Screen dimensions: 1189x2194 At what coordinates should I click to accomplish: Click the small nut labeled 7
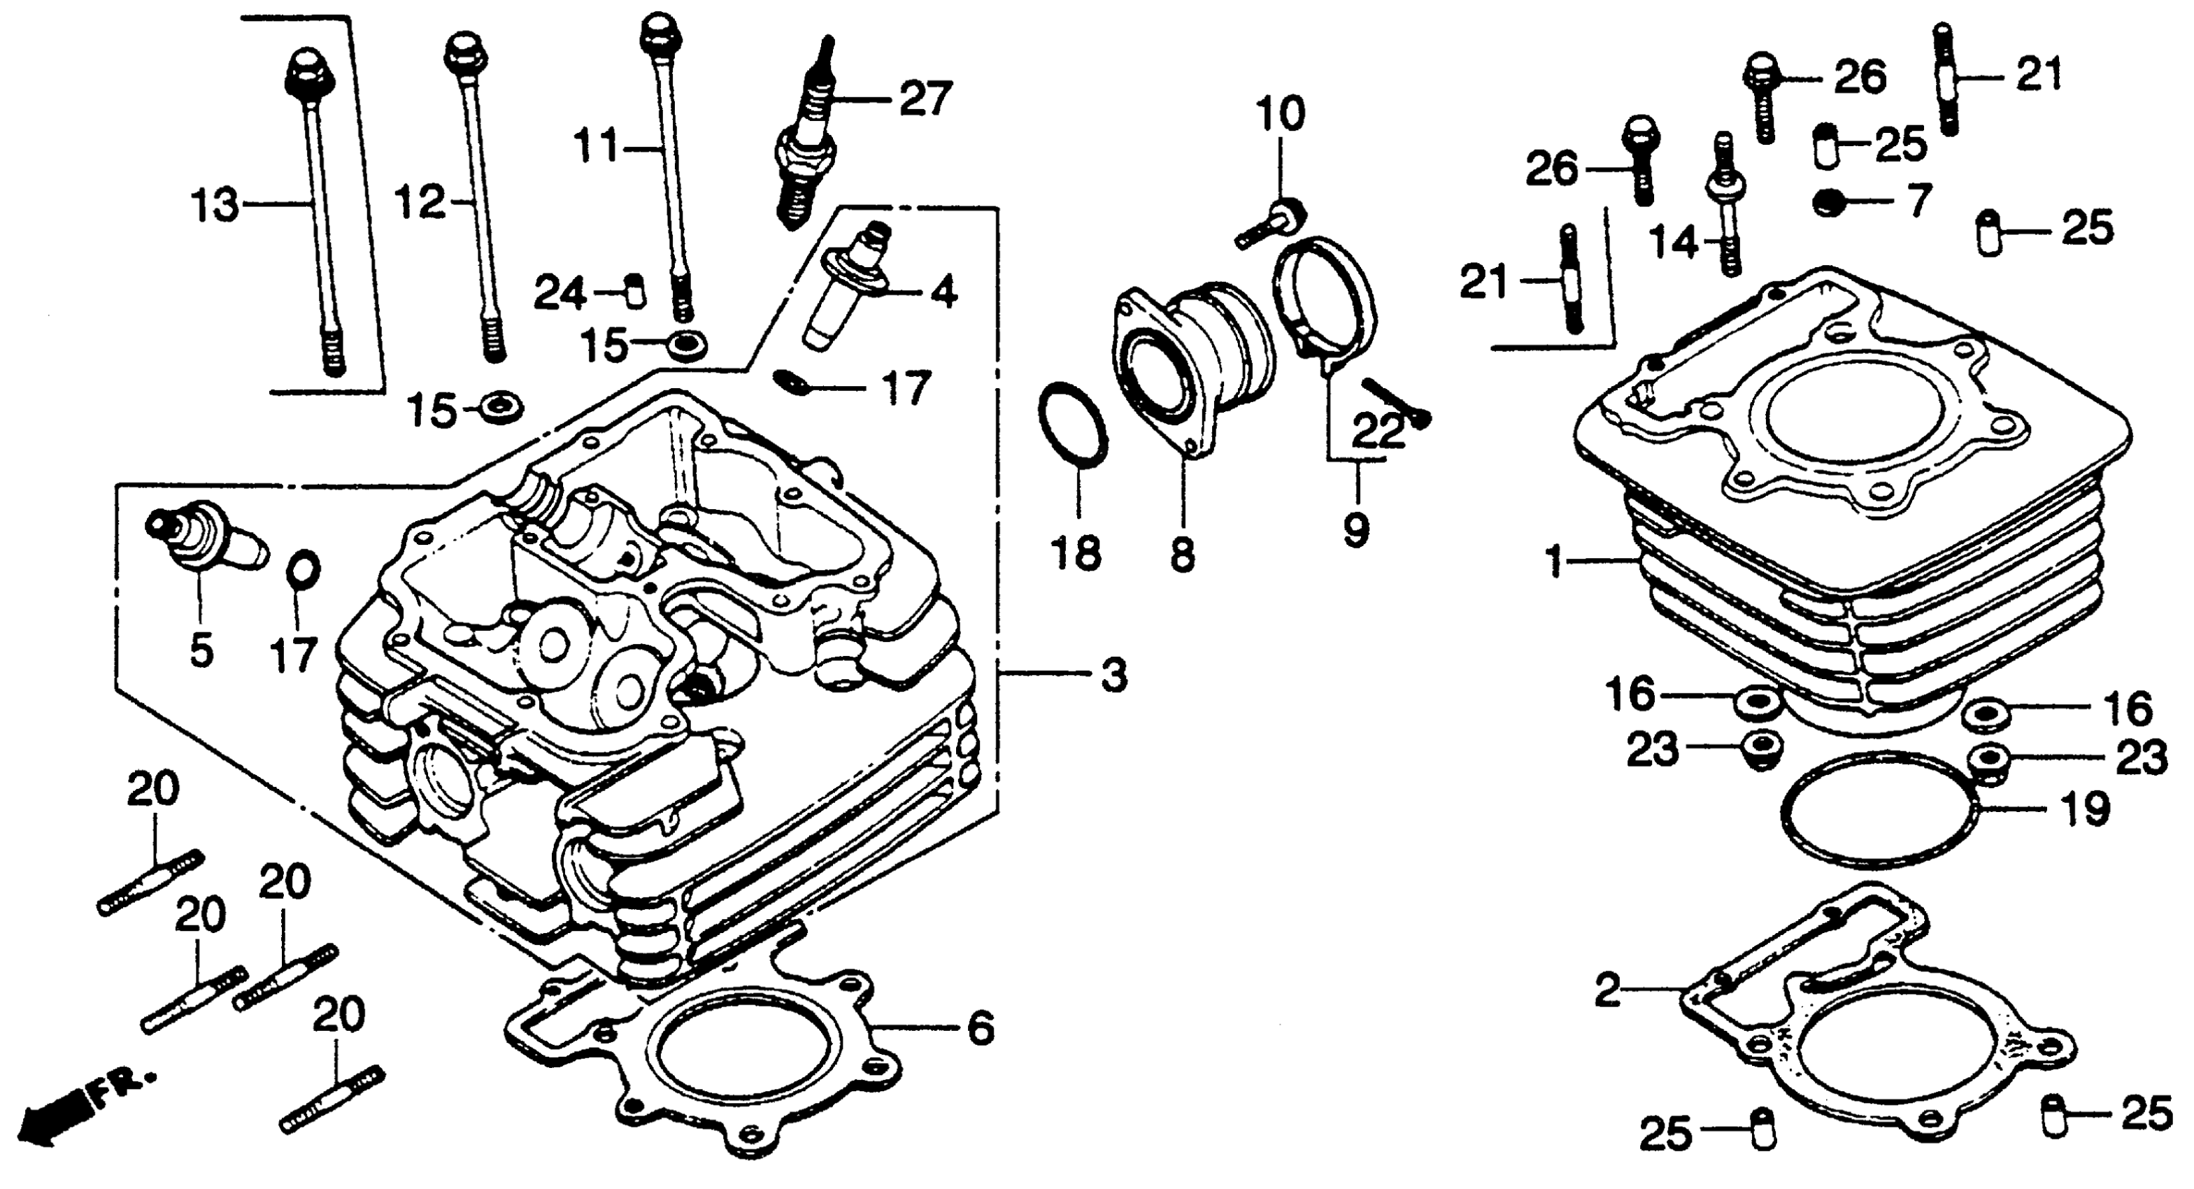tap(1827, 203)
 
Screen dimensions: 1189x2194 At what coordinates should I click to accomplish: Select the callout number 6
tap(979, 1028)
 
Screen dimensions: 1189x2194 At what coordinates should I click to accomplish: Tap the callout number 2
tap(1607, 990)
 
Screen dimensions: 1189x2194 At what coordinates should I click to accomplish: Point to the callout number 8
tap(1181, 555)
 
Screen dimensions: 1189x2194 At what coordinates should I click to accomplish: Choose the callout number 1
tap(1555, 562)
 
